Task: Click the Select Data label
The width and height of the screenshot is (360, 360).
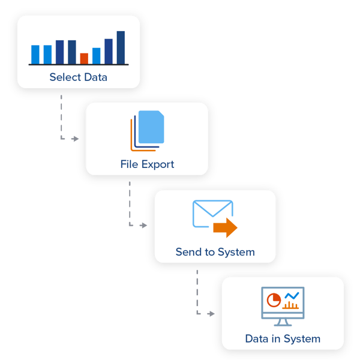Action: coord(78,77)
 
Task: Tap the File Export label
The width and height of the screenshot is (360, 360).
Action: coord(147,164)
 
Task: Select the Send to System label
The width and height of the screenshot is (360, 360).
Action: coord(215,251)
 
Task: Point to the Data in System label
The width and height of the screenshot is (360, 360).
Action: coord(283,338)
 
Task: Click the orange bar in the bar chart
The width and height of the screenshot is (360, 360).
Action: coord(84,58)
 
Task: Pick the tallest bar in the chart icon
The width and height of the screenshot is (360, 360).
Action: coord(121,47)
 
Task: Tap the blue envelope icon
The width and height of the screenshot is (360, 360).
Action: coord(211,213)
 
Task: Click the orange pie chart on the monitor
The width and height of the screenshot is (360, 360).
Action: coord(274,299)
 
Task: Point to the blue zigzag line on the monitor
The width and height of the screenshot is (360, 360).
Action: coord(292,296)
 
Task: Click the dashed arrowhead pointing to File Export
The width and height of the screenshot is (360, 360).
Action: coord(75,139)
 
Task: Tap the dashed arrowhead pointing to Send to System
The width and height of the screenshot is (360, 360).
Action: coord(143,226)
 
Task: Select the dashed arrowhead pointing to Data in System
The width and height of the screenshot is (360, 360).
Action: coord(211,313)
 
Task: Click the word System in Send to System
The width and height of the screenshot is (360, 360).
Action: coord(235,251)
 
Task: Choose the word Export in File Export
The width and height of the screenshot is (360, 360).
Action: coord(157,164)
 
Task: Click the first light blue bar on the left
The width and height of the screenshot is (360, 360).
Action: coord(35,54)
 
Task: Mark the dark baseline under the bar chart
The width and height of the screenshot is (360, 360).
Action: coord(79,64)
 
